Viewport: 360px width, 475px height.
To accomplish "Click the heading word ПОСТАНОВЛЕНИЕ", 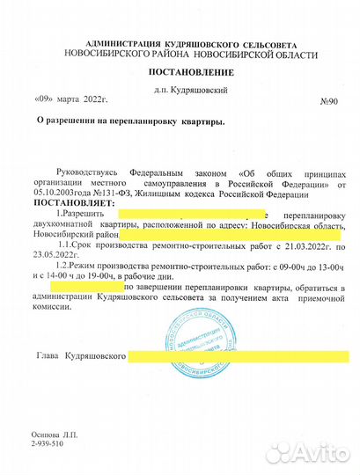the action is point(179,71).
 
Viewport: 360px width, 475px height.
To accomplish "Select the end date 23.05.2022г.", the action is point(55,261).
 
